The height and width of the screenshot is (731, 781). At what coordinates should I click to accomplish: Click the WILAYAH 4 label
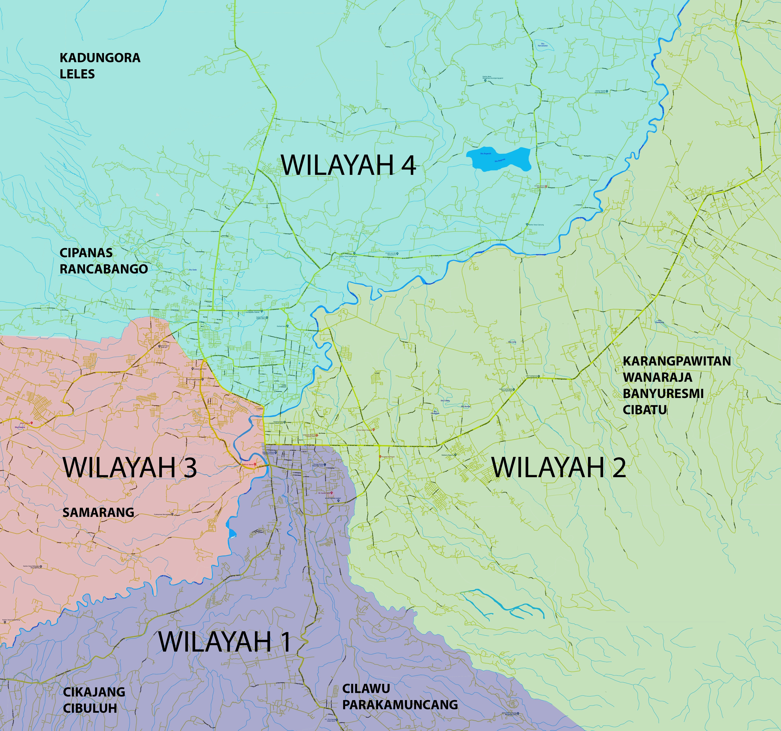click(x=349, y=165)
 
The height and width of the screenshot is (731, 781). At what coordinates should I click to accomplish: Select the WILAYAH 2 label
click(x=559, y=467)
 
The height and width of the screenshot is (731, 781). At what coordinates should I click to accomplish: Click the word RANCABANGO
click(x=104, y=269)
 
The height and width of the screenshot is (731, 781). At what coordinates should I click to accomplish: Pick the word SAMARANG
click(x=98, y=512)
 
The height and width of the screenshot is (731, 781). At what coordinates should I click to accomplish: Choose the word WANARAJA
click(x=657, y=377)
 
